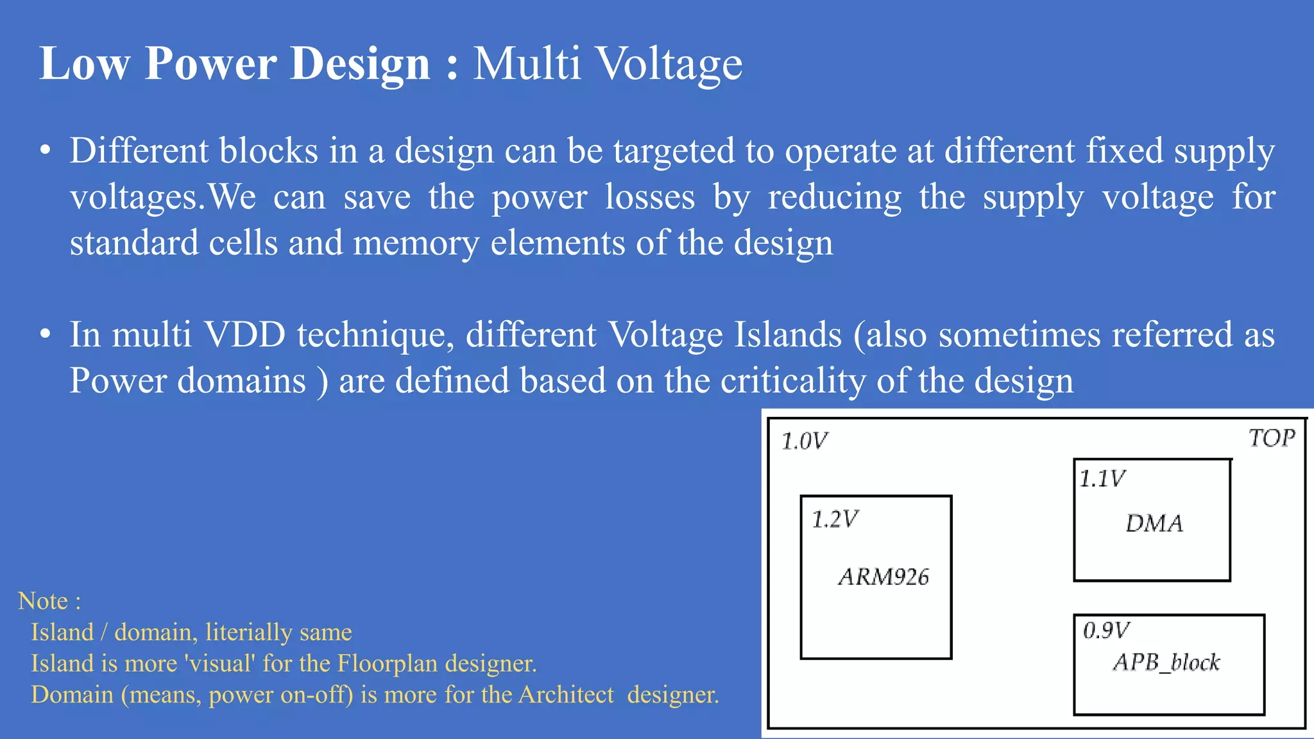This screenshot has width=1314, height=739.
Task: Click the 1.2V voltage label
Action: [x=835, y=519]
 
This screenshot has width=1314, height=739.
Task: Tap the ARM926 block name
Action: [x=883, y=577]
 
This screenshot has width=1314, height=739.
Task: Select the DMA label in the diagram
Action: [x=1154, y=523]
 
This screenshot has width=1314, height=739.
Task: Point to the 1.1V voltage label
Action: [x=1102, y=479]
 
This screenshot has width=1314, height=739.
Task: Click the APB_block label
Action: [x=1166, y=662]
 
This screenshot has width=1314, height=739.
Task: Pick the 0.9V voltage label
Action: [x=1106, y=630]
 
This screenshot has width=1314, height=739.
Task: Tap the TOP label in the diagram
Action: [x=1272, y=438]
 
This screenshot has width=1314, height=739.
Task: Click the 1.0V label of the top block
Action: [x=805, y=441]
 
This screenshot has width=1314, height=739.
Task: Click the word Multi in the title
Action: [x=527, y=64]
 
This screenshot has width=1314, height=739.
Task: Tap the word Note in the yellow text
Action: [x=43, y=601]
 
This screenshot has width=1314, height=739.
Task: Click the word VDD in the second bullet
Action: [x=244, y=334]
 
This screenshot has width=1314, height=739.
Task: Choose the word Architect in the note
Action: [x=566, y=695]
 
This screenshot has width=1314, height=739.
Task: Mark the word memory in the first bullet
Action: [x=416, y=243]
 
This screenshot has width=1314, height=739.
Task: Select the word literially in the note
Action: [x=248, y=633]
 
